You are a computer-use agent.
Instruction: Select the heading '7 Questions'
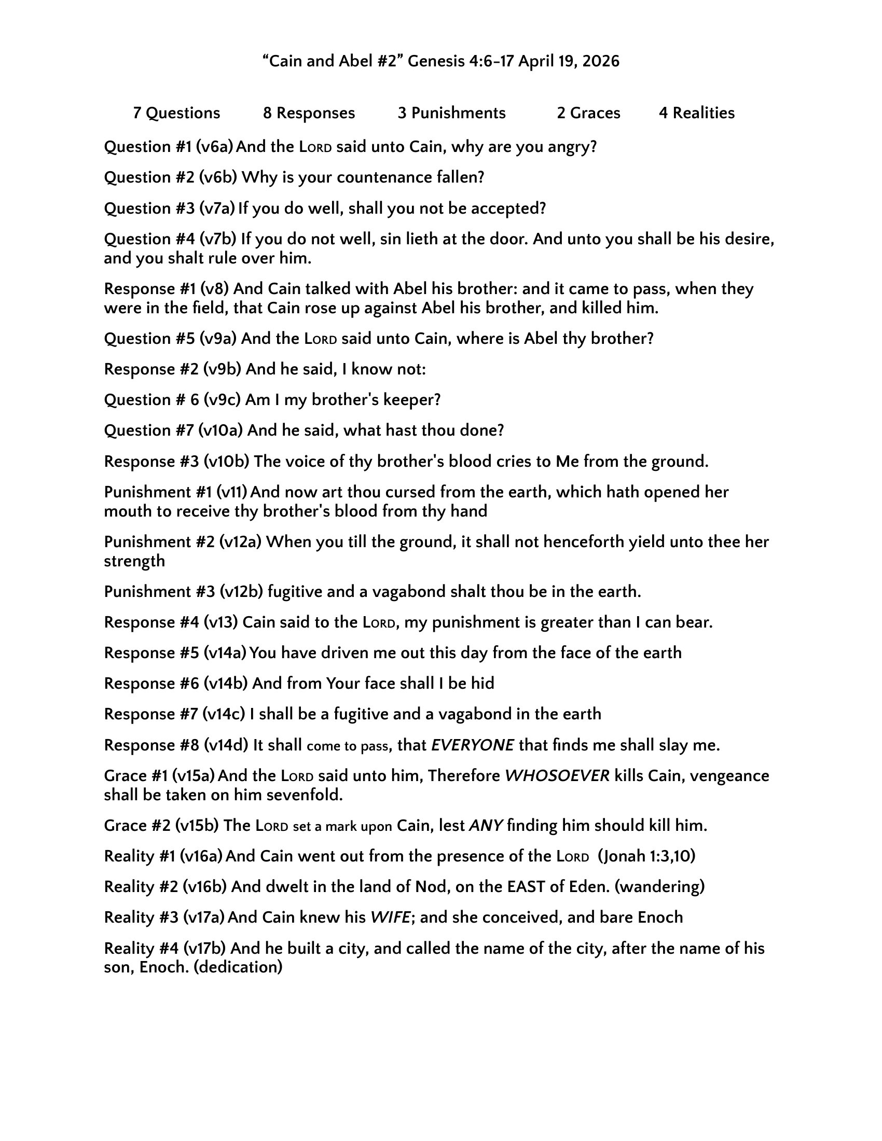[x=176, y=114]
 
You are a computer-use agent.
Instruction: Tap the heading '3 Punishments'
[x=451, y=114]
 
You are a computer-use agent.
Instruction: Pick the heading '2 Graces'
[x=588, y=114]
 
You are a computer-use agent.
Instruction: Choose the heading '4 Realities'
[x=696, y=114]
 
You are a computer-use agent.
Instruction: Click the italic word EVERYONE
[x=472, y=745]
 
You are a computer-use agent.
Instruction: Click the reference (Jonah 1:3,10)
[x=647, y=856]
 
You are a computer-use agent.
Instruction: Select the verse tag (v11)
[x=231, y=492]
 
